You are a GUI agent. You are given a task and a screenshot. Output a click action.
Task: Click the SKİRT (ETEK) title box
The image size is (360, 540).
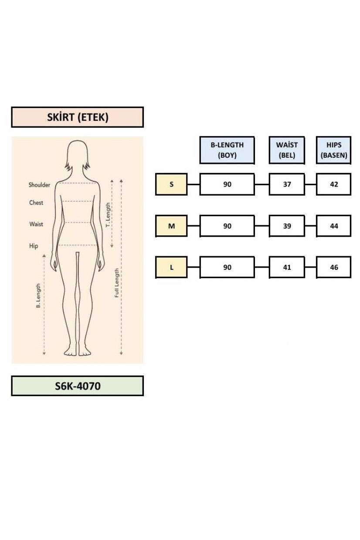coord(78,117)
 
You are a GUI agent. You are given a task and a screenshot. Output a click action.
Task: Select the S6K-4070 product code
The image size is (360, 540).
coord(78,386)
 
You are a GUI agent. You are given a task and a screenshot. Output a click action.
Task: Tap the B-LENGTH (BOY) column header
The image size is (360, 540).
coord(227,150)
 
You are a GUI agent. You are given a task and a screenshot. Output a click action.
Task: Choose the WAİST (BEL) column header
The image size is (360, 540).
coord(287,150)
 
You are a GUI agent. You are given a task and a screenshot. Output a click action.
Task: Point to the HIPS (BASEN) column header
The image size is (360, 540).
coord(334,150)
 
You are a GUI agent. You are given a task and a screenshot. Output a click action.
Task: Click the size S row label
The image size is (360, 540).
coord(171,184)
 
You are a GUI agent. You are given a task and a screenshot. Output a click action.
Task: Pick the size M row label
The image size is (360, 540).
coord(171,226)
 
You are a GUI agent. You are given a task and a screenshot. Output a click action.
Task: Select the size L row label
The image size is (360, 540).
coord(171,267)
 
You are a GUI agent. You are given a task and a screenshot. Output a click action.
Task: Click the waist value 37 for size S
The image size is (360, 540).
coord(287,184)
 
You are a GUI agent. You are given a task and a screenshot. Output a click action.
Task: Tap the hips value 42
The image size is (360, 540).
coord(334,184)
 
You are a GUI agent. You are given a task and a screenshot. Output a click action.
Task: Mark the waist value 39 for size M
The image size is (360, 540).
coord(287,226)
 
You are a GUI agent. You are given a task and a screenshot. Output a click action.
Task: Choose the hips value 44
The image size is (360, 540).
coord(334,226)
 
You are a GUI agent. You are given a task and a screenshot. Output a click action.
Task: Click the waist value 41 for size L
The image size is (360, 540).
coord(287,267)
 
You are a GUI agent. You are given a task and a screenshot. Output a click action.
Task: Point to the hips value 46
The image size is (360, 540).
coord(334,267)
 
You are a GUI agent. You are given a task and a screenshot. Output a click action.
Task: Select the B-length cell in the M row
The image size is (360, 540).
coord(227,226)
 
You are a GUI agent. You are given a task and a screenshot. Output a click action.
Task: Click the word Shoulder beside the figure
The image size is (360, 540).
coord(39,185)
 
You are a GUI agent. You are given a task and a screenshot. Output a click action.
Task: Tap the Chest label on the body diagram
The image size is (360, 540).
coord(36,203)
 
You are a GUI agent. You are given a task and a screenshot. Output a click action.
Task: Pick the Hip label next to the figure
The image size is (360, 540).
coord(34,246)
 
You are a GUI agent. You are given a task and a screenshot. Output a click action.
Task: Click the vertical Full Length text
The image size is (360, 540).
coord(117,283)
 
